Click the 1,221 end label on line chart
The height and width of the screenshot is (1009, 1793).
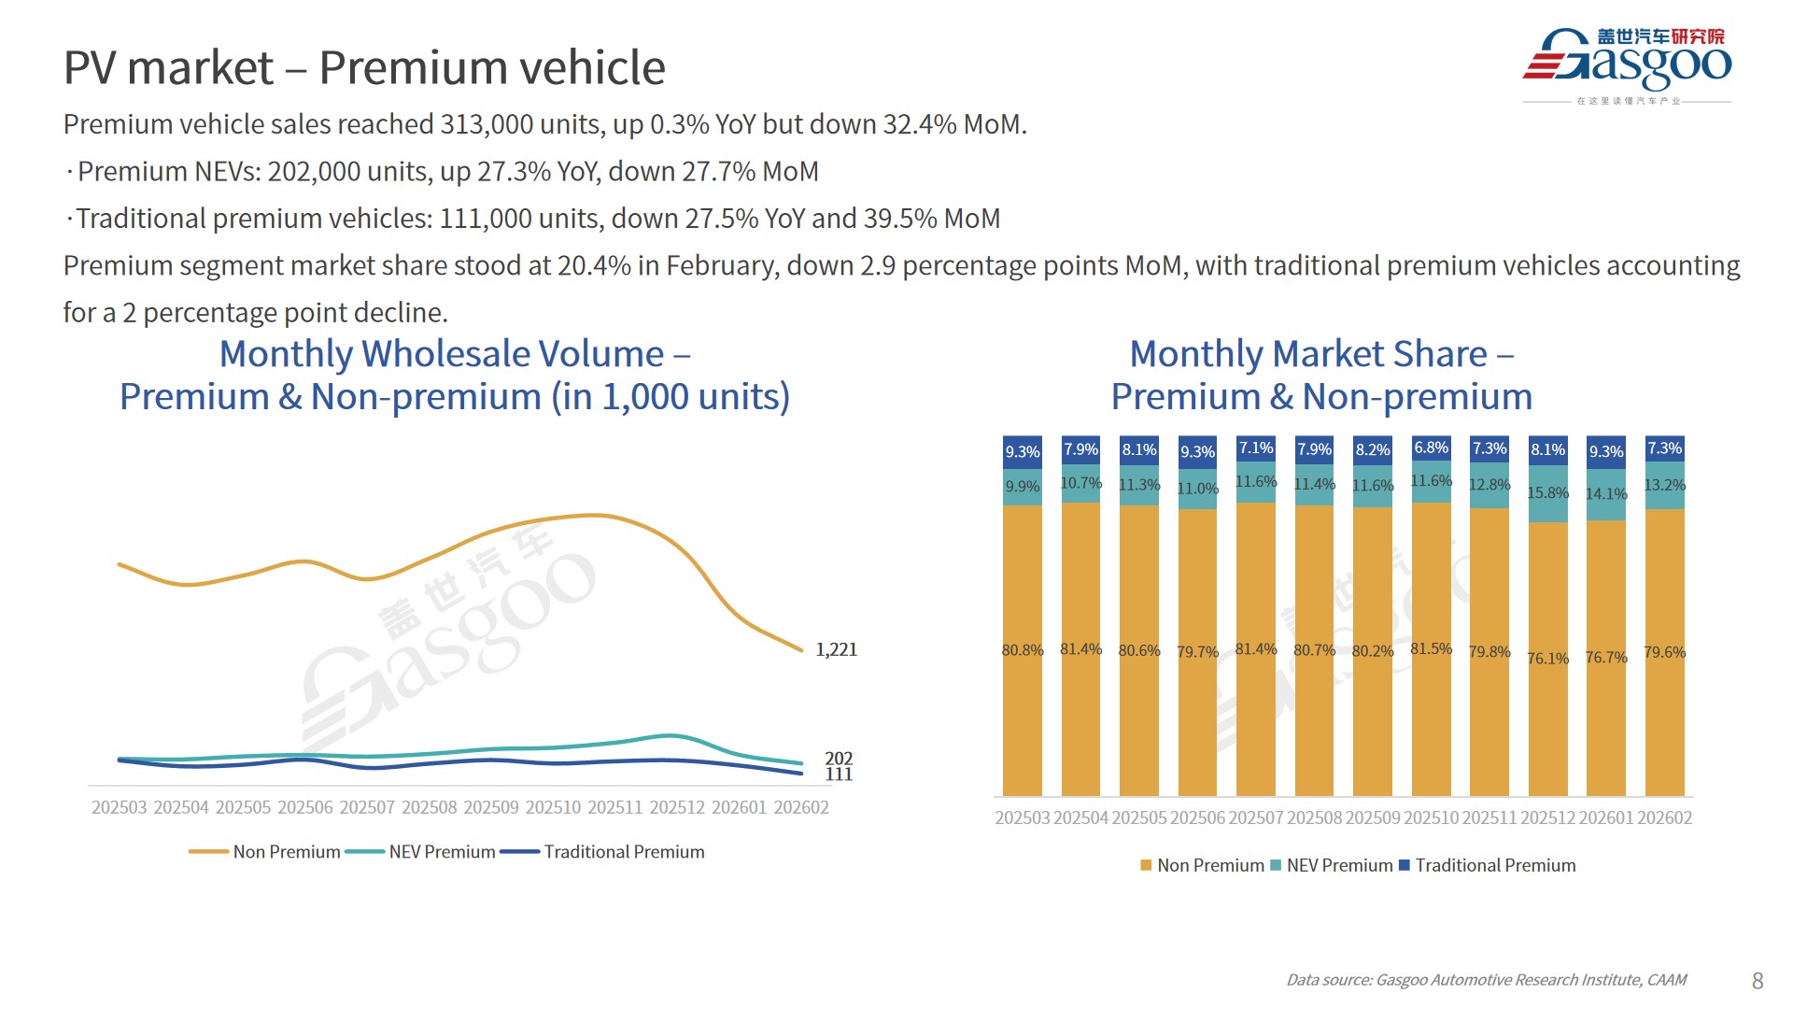coord(836,649)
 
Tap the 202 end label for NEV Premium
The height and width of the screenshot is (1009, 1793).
coord(839,758)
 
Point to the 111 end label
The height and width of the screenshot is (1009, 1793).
coord(839,775)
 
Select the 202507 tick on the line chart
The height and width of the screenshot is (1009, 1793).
coord(367,807)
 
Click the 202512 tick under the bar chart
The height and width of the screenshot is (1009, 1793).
coord(1547,818)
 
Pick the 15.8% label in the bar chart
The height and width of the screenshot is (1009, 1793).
coord(1547,492)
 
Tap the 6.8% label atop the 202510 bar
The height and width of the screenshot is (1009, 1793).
coord(1431,448)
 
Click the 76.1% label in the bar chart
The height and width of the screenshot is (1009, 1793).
coord(1547,659)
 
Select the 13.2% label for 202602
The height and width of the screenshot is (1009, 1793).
coord(1664,486)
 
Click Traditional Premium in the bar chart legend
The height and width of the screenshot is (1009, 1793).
coord(1495,866)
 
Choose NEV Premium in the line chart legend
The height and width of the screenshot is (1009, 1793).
coord(442,852)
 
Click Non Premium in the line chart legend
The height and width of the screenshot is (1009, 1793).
coord(286,852)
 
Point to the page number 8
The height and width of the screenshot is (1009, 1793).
coord(1758,981)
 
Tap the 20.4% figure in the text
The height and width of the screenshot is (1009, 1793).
coord(594,266)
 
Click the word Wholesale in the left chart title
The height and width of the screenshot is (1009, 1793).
coord(513,354)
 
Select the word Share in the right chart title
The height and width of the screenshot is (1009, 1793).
coord(1443,354)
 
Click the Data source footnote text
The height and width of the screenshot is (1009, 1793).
coord(1486,980)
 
